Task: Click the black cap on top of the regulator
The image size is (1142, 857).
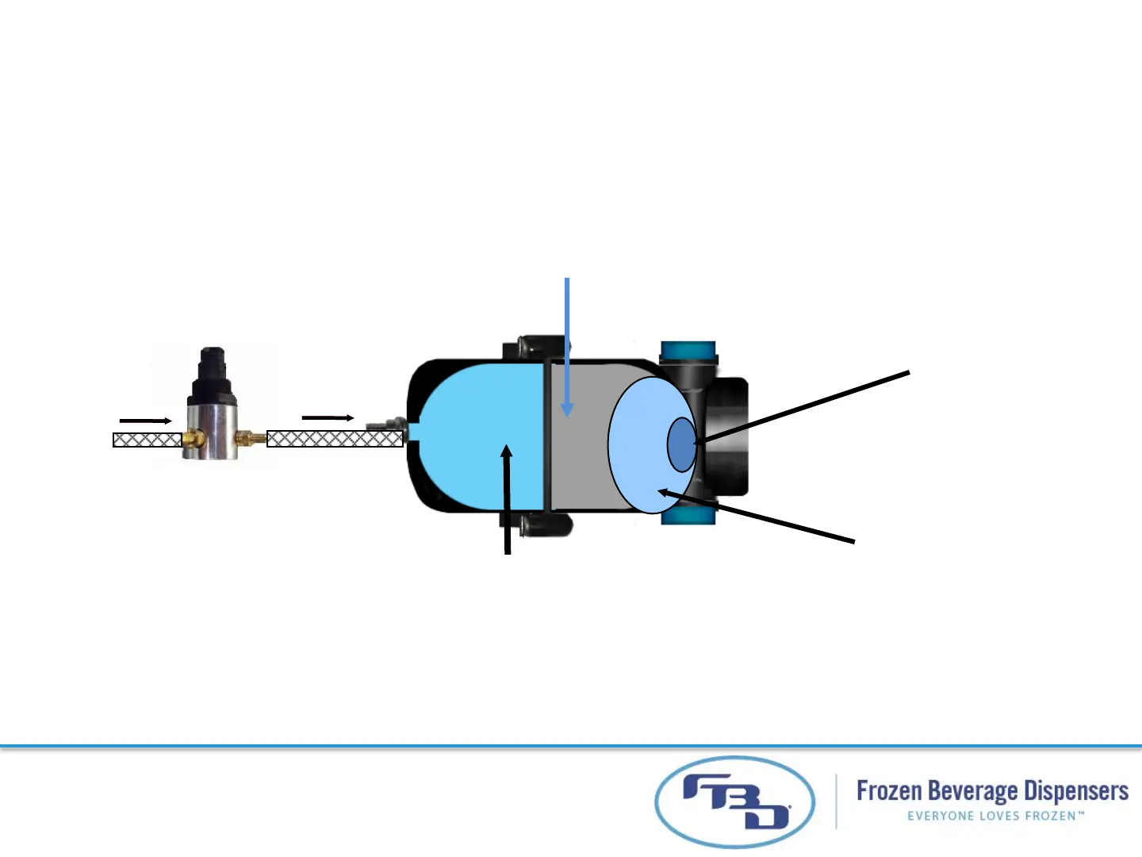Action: coord(212,370)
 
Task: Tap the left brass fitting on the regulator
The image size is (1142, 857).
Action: coord(192,437)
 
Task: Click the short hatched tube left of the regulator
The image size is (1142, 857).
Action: coord(148,440)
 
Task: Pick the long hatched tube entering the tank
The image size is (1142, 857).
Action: coord(334,438)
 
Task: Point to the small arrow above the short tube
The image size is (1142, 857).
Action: coord(145,421)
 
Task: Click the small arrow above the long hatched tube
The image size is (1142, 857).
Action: coord(328,417)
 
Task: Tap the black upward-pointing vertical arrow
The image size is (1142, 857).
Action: coord(507,500)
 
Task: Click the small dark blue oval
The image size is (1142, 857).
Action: coord(681,444)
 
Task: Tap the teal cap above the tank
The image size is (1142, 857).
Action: coord(688,351)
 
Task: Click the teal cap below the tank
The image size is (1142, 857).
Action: coord(688,516)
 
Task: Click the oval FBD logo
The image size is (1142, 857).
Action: coord(734,802)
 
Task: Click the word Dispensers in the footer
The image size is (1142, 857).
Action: coord(1075,791)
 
